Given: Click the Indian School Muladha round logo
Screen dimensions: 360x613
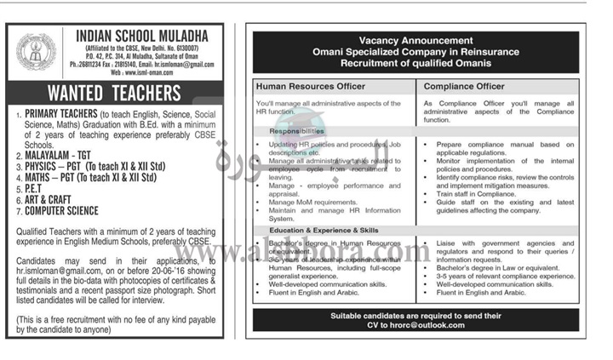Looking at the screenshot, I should (37, 51).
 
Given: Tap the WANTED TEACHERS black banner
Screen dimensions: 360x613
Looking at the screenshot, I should (114, 92).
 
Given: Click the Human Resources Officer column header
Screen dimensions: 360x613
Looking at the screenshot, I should (311, 86).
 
